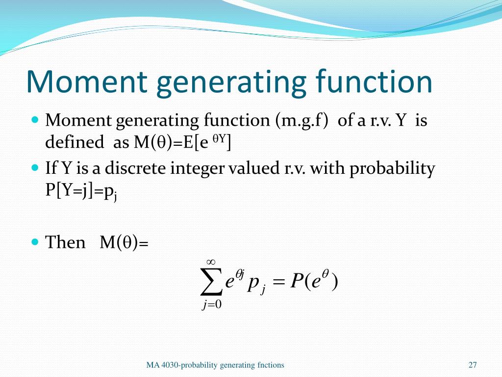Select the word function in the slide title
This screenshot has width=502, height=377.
point(374,82)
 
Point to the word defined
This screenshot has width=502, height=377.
point(71,142)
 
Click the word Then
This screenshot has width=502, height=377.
point(65,242)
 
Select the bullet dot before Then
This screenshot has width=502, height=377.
point(34,242)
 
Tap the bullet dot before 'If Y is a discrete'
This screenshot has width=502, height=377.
point(34,168)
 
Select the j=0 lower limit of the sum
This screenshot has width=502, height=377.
point(212,305)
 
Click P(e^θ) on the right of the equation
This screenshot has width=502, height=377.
point(314,283)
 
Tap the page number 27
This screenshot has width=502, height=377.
point(473,365)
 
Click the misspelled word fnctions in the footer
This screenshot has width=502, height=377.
point(271,365)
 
